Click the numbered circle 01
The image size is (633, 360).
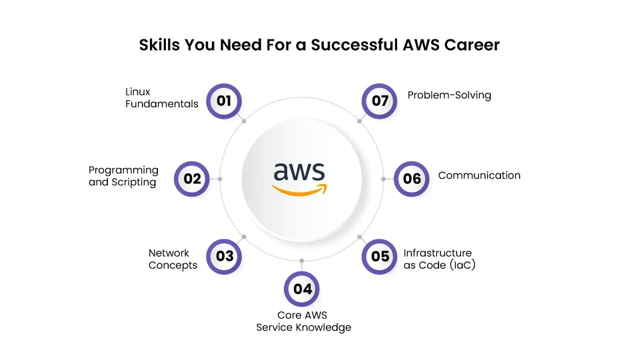(224, 101)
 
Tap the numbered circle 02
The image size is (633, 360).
(192, 178)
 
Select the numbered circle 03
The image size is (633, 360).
(225, 256)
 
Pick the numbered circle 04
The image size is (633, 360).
(302, 289)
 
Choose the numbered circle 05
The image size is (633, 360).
(380, 256)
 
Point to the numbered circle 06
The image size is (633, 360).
(412, 178)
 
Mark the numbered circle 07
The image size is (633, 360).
(380, 101)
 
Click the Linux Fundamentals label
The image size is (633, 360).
(162, 97)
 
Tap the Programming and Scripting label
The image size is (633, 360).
(123, 176)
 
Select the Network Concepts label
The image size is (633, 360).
(173, 259)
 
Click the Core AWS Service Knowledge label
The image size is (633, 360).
(303, 321)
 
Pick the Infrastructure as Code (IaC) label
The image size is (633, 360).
(439, 259)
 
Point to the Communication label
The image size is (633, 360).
(479, 175)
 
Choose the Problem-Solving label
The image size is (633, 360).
(449, 95)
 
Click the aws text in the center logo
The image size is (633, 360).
(299, 173)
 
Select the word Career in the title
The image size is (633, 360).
(471, 45)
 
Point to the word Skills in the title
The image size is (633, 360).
(157, 45)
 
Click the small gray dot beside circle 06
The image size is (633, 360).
(384, 179)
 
